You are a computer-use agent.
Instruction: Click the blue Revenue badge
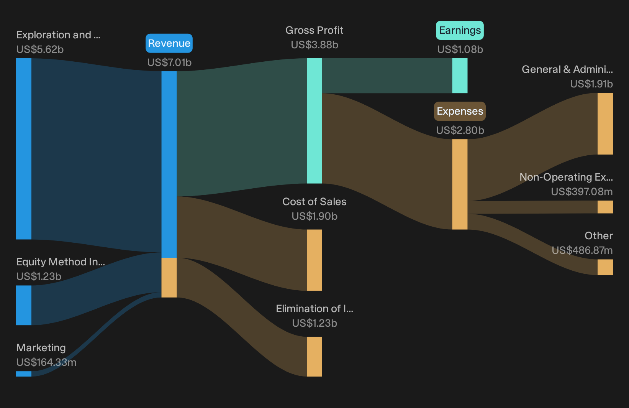point(169,43)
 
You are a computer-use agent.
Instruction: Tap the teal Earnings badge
point(460,30)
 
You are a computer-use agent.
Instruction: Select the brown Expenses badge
point(460,111)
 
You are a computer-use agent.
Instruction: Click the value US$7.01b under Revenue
point(169,63)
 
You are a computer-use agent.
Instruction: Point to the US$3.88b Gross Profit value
point(314,45)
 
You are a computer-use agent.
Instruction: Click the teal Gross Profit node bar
point(314,121)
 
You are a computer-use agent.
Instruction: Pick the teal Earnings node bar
point(460,76)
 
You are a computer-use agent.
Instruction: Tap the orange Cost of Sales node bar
point(314,260)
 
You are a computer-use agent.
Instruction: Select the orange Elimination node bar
point(314,357)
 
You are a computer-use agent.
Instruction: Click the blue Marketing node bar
point(24,374)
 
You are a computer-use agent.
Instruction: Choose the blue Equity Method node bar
point(24,305)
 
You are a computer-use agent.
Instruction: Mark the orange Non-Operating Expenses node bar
point(605,207)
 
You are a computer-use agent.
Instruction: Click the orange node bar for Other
point(605,267)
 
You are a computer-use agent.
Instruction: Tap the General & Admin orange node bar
point(605,124)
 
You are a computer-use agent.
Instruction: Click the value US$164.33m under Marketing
point(46,362)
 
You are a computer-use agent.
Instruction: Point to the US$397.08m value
point(582,192)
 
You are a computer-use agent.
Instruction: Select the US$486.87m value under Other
point(582,250)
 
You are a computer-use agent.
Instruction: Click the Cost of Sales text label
point(314,202)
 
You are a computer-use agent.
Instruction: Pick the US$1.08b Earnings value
point(460,49)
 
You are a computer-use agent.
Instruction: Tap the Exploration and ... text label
point(58,35)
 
